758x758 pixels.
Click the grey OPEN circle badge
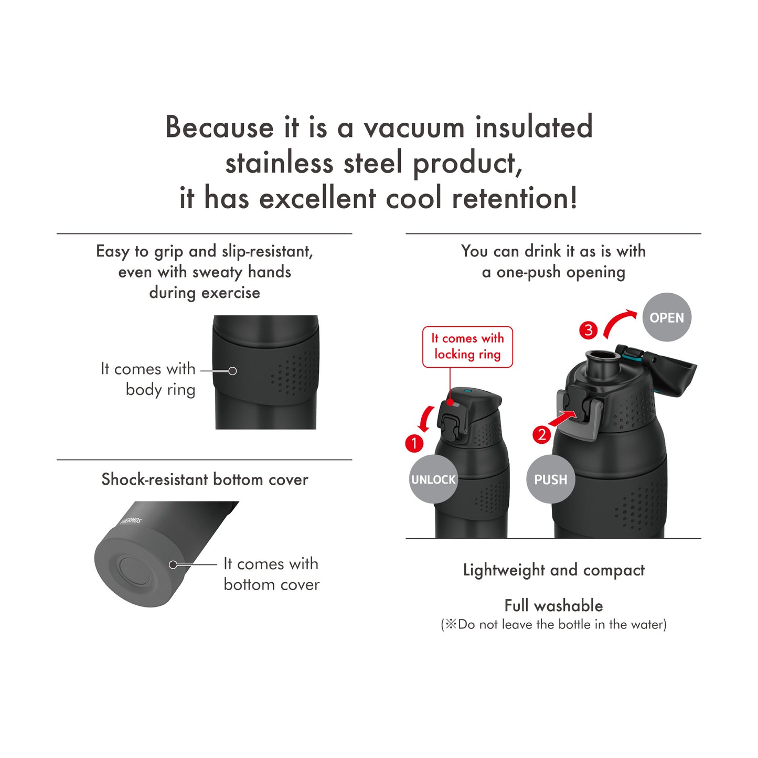click(667, 317)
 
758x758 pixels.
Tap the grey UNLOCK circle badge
click(433, 479)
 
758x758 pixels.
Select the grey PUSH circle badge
click(550, 479)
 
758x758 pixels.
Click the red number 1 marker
click(414, 443)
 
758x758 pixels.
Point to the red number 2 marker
click(541, 435)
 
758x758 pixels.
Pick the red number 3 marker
click(589, 330)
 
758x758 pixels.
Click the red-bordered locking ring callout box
click(467, 347)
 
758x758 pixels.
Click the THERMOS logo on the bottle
click(131, 521)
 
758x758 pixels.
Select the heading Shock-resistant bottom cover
click(205, 479)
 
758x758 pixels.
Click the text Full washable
click(553, 605)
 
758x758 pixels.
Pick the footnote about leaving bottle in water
click(553, 625)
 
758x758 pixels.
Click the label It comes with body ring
click(148, 379)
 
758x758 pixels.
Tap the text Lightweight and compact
click(553, 570)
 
